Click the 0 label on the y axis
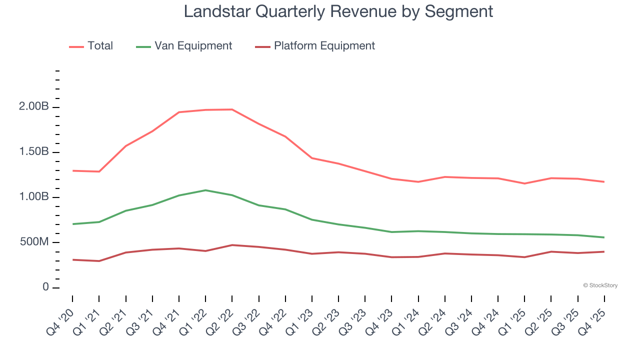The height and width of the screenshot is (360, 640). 45,287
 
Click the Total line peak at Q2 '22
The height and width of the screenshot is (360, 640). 232,109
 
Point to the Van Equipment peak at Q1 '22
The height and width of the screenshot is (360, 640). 205,190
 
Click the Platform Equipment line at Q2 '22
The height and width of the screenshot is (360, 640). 232,245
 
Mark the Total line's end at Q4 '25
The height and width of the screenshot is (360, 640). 604,181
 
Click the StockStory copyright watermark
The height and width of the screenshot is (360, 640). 600,285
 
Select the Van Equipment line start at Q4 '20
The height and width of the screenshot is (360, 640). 72,224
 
